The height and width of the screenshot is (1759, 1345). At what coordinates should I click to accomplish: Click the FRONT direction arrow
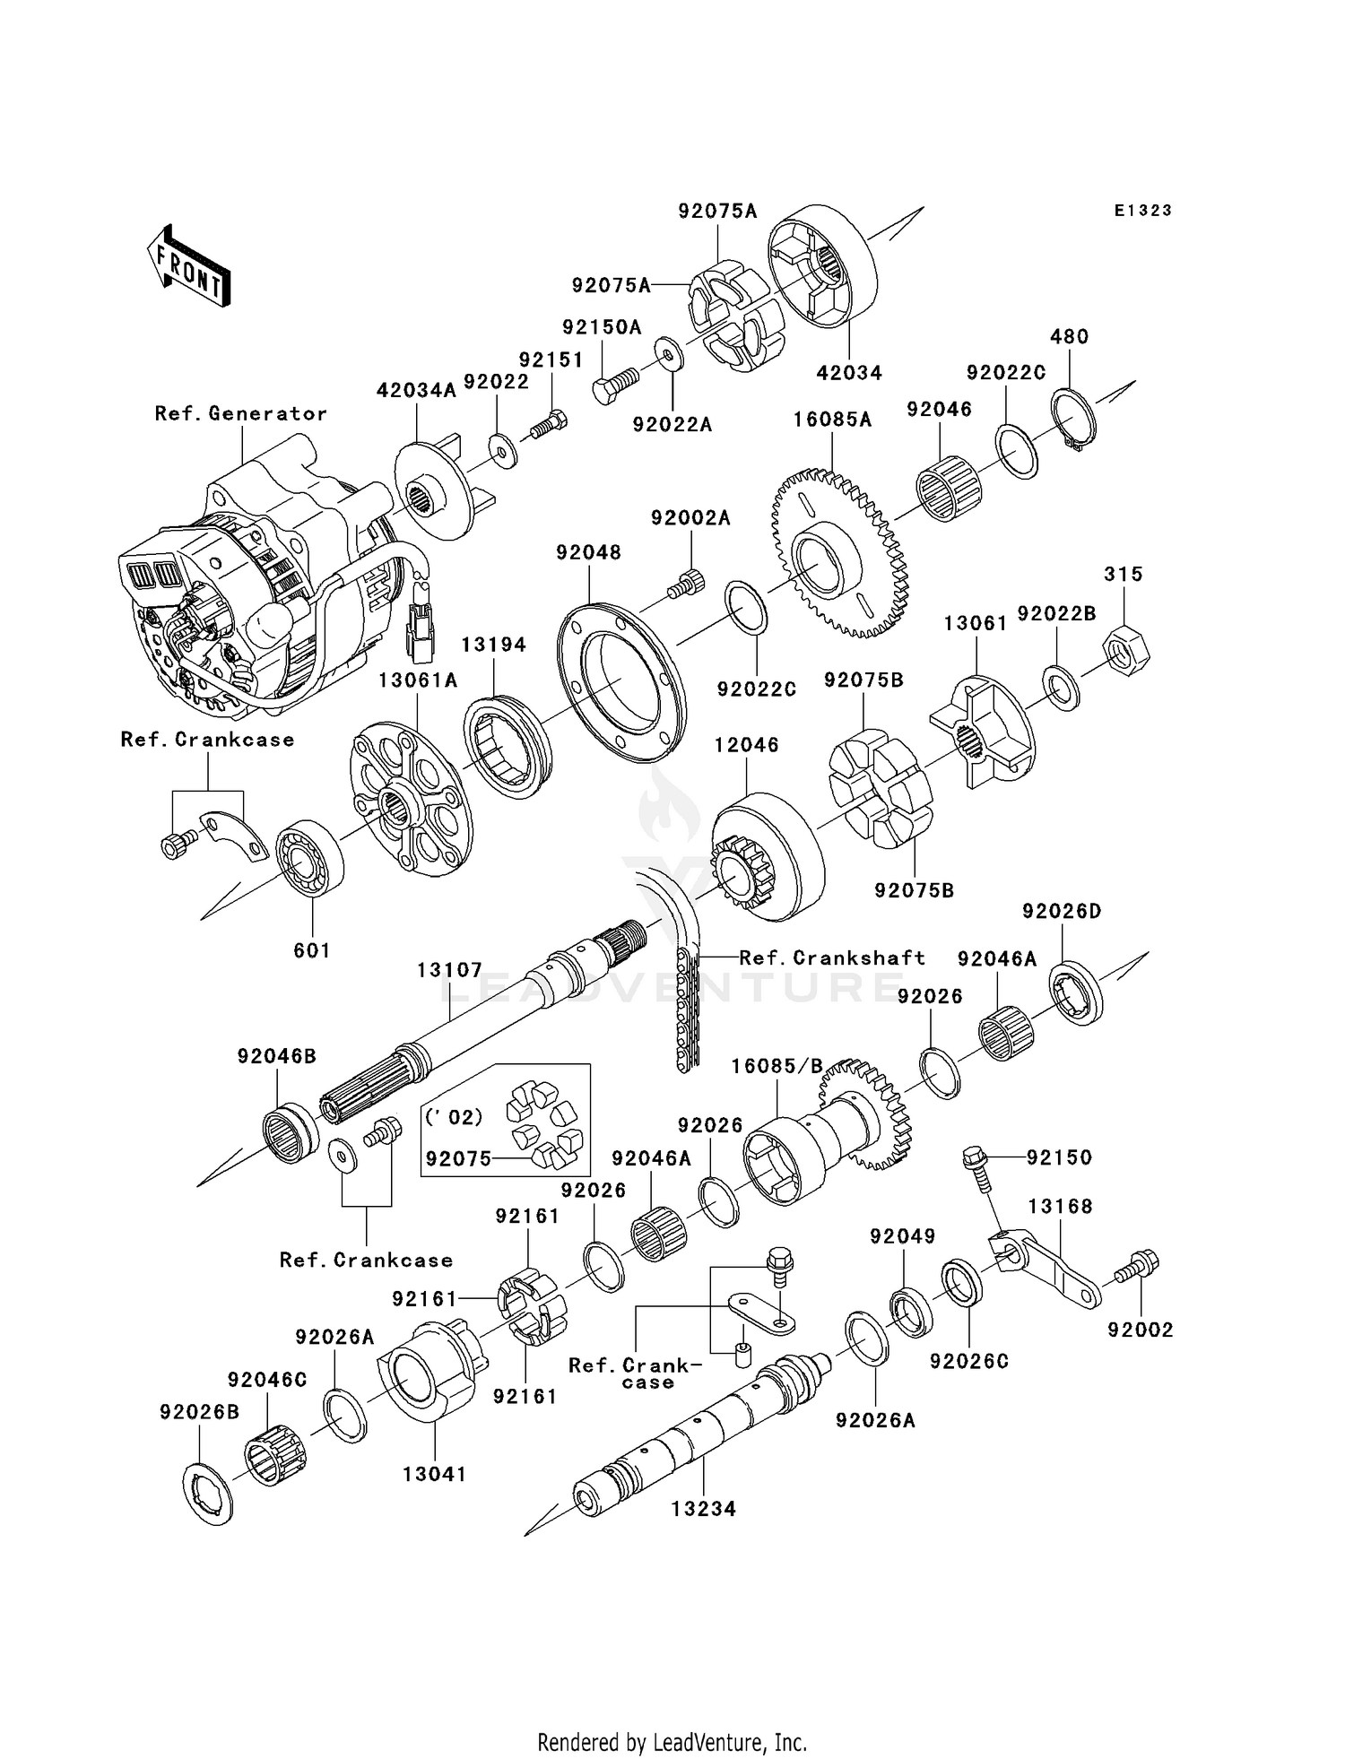pyautogui.click(x=189, y=266)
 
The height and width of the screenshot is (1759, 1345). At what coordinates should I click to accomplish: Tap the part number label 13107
pyautogui.click(x=449, y=970)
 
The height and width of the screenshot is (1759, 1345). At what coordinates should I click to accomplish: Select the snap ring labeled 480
pyautogui.click(x=1073, y=420)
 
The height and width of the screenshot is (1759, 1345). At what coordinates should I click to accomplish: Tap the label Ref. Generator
pyautogui.click(x=240, y=413)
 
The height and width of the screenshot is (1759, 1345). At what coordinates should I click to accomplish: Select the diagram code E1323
pyautogui.click(x=1143, y=211)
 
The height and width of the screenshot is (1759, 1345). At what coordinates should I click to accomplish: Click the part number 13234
pyautogui.click(x=704, y=1509)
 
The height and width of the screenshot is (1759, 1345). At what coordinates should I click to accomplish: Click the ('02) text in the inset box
pyautogui.click(x=454, y=1116)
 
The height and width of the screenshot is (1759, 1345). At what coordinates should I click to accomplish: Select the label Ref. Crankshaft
pyautogui.click(x=832, y=957)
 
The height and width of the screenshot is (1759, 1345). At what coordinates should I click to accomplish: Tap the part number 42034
pyautogui.click(x=849, y=372)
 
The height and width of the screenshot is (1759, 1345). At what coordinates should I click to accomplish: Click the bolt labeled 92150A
pyautogui.click(x=613, y=385)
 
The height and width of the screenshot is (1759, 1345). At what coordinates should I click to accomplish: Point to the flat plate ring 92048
pyautogui.click(x=620, y=669)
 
